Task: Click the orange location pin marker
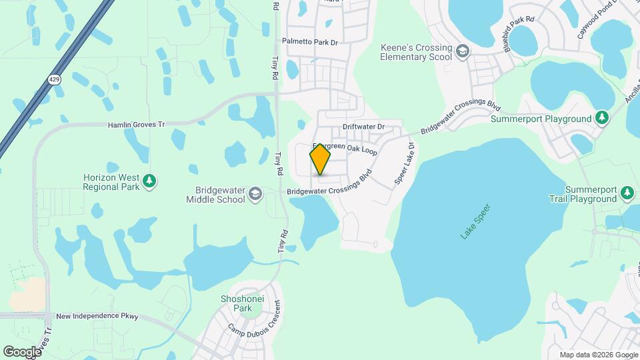pos(320,159)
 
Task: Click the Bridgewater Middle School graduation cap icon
pos(254,194)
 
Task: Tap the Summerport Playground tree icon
pos(602,118)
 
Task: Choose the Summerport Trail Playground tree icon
pos(627,193)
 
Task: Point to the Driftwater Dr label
pos(364,127)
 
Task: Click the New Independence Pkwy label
pos(97,316)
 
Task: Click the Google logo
pos(22,351)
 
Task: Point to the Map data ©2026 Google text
pos(598,355)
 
